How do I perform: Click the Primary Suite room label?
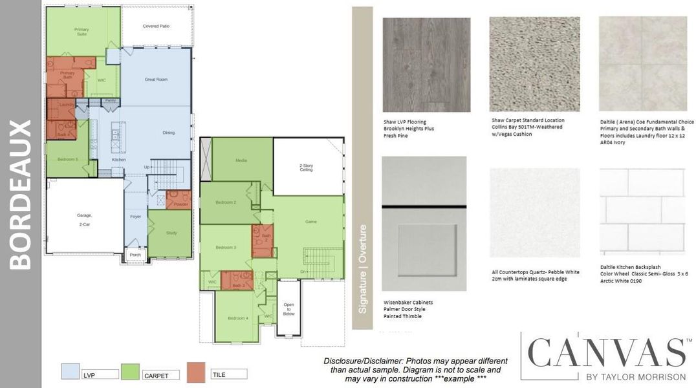(82, 32)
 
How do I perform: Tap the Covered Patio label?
(155, 26)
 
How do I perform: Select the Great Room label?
(156, 80)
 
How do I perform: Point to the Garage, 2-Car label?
(84, 219)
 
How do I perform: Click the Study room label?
(171, 233)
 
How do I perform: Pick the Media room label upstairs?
(241, 160)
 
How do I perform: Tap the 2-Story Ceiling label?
(306, 167)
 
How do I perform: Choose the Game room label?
(310, 222)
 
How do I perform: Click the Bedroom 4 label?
(238, 318)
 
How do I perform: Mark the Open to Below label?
(288, 310)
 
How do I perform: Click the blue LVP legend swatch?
(70, 371)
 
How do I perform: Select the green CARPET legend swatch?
(131, 371)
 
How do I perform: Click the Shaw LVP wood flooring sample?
(426, 64)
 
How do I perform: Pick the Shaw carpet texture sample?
(534, 64)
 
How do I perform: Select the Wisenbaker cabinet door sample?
(424, 224)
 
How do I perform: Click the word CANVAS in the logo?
(607, 353)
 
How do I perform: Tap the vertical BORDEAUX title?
(21, 194)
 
